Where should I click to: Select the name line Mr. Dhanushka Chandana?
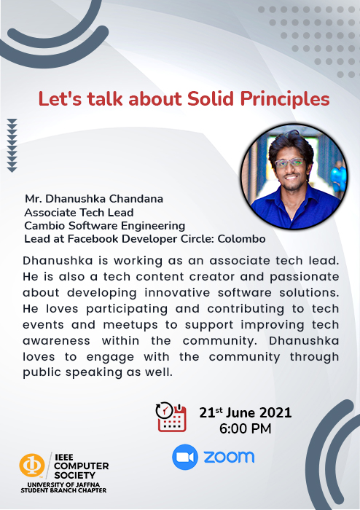click(x=94, y=199)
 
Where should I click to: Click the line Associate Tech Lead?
click(x=79, y=213)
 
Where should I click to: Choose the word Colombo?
click(x=242, y=239)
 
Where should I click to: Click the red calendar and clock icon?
click(x=171, y=417)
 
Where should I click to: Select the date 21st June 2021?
click(x=246, y=412)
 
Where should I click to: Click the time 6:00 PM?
click(x=245, y=428)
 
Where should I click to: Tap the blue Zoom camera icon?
click(x=185, y=457)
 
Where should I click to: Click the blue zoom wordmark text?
click(x=229, y=457)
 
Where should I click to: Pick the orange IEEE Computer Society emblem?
click(x=32, y=465)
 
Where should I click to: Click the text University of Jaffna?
click(x=63, y=484)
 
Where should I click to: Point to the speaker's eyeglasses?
click(x=289, y=162)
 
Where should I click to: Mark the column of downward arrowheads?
click(x=12, y=145)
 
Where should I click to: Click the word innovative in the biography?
click(x=177, y=292)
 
